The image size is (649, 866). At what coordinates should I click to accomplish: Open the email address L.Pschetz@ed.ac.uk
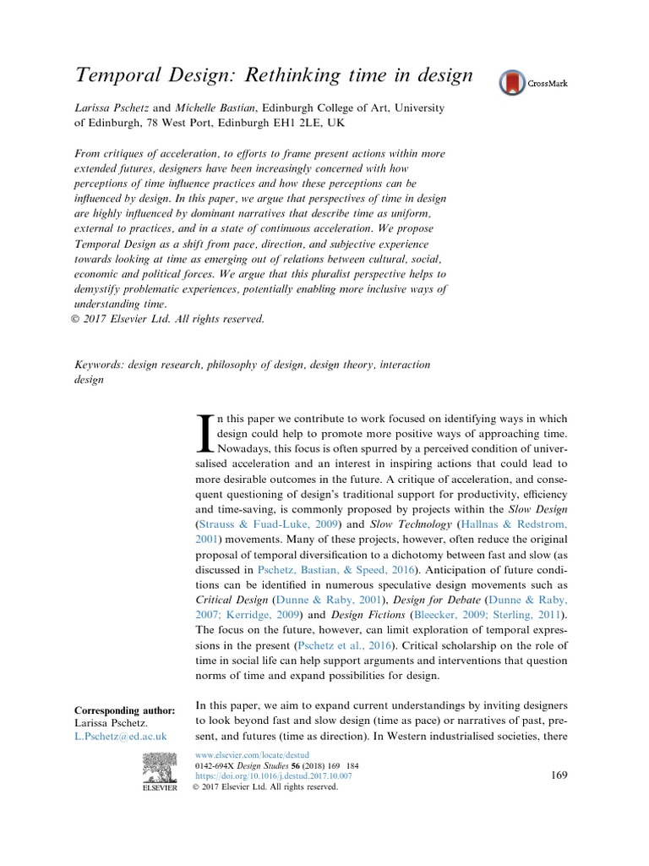[x=122, y=737]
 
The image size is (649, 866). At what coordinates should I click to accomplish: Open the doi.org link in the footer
[x=273, y=776]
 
